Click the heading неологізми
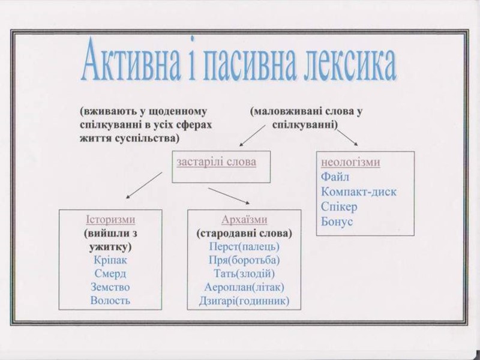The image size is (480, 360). (x=351, y=163)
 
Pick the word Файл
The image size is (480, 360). (x=335, y=177)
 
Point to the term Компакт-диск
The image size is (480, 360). (x=359, y=192)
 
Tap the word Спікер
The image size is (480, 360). (x=339, y=207)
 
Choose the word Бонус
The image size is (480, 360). (x=337, y=222)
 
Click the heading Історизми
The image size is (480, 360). (x=111, y=219)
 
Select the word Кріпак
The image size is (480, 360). (x=111, y=260)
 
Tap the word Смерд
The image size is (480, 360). (x=110, y=274)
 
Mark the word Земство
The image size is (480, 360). (x=110, y=287)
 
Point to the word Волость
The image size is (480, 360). (x=110, y=300)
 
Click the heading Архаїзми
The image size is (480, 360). (x=244, y=219)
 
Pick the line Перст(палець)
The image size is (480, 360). (x=244, y=246)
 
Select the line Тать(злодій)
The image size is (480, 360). (x=244, y=274)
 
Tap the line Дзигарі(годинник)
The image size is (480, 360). (x=245, y=301)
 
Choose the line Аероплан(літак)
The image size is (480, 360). (x=244, y=287)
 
